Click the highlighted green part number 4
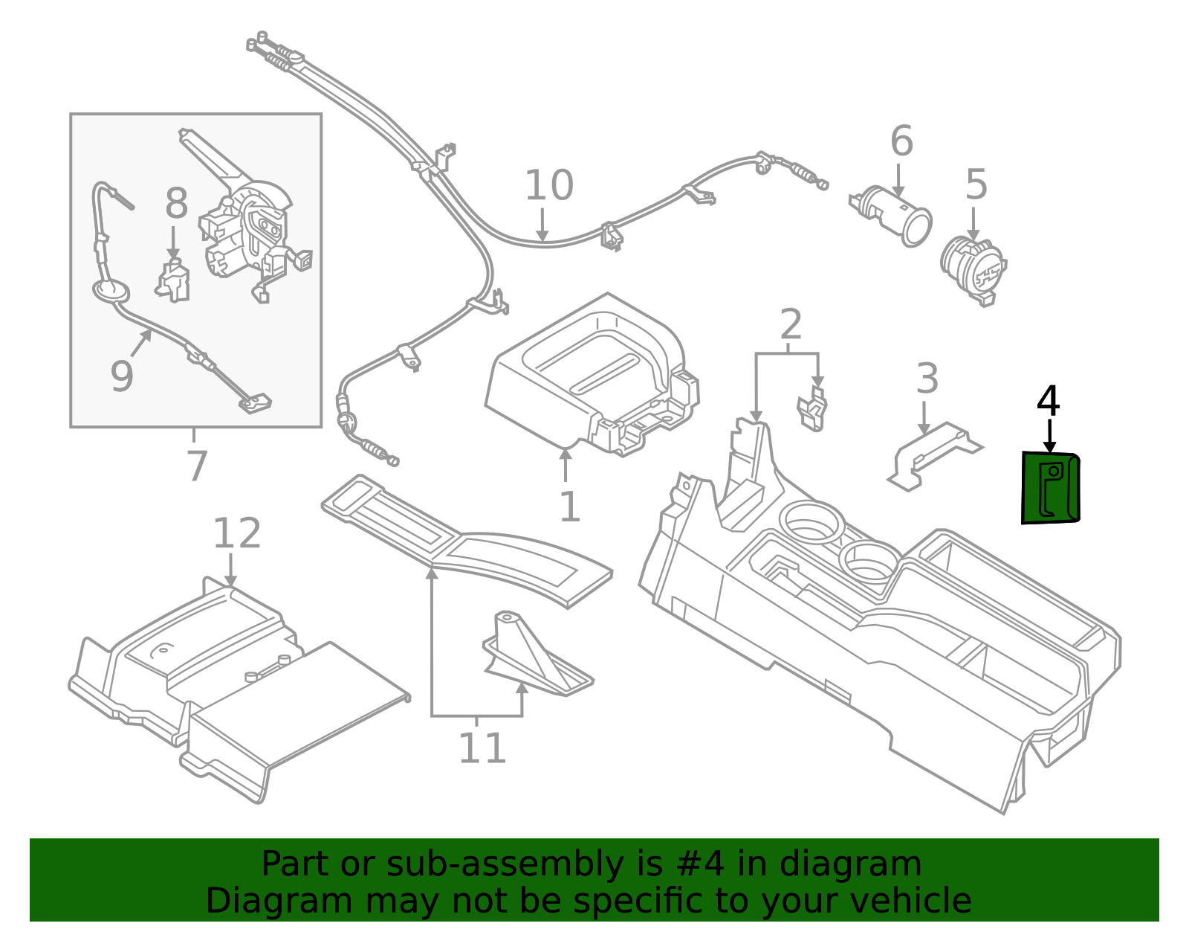(1051, 488)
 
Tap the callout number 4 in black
(1048, 402)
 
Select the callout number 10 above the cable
(548, 186)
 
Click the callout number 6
(901, 141)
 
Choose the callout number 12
(237, 534)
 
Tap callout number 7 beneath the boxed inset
(195, 466)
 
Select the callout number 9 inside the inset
(122, 376)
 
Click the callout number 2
(791, 325)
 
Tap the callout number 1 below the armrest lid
(569, 507)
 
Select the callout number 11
(482, 749)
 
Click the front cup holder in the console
(811, 521)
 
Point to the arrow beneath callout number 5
(973, 224)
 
